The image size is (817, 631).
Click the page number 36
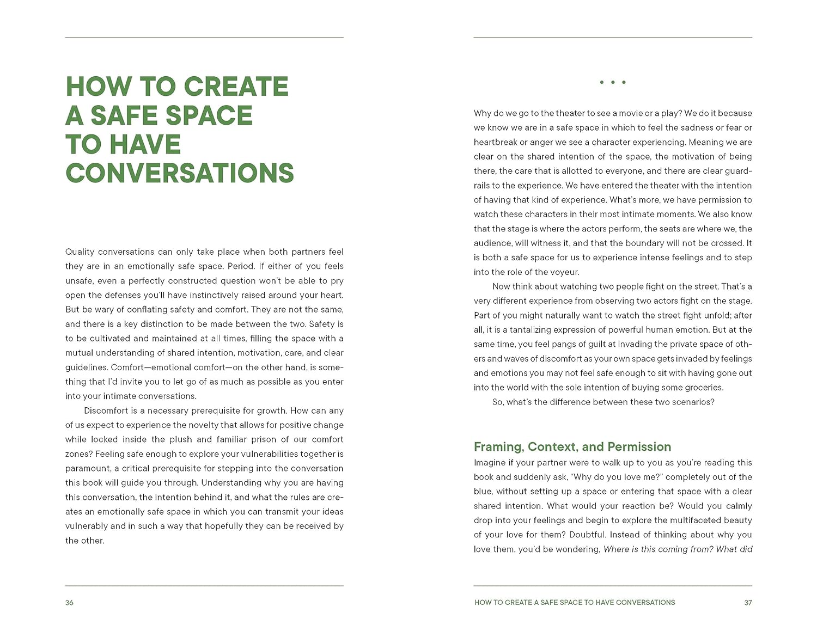69,603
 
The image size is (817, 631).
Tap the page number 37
748,603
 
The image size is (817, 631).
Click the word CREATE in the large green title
236,87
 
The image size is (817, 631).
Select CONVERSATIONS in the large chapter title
180,173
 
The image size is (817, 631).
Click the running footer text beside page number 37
575,603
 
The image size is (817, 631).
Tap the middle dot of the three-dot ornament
613,82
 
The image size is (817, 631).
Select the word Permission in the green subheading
639,447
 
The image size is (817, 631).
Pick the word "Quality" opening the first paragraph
80,252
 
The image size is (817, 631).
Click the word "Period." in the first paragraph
241,266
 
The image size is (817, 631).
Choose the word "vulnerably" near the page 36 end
87,526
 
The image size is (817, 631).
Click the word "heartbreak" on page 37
495,142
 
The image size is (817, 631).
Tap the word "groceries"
700,388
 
